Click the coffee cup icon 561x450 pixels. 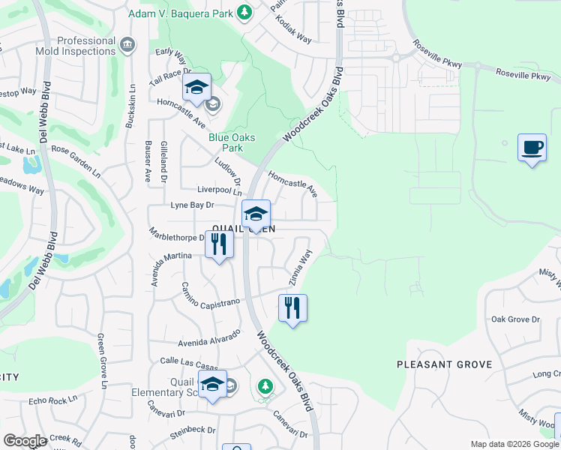click(x=532, y=147)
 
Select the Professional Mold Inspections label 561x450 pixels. click(x=75, y=47)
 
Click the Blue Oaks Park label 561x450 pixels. click(x=232, y=142)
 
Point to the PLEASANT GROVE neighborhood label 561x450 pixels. click(x=444, y=364)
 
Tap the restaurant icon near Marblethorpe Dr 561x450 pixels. click(x=219, y=244)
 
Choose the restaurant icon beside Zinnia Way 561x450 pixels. click(x=292, y=307)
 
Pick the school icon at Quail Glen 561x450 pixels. click(x=256, y=214)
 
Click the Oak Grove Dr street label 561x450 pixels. click(x=515, y=319)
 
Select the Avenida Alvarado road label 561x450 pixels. click(x=209, y=338)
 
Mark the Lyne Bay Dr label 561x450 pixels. click(x=193, y=205)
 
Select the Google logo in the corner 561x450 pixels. click(x=25, y=441)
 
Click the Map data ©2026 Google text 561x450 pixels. click(x=514, y=444)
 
